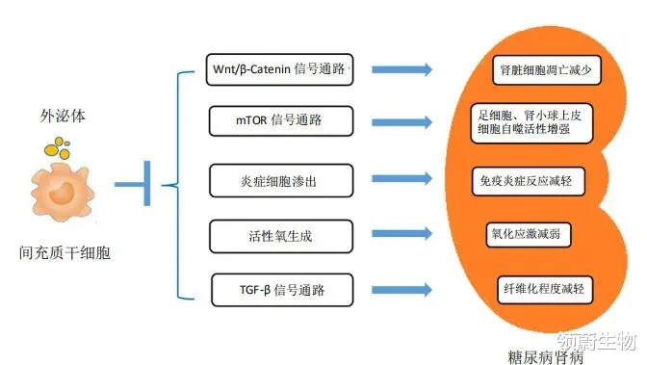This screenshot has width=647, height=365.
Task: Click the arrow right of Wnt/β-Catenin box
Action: click(401, 69)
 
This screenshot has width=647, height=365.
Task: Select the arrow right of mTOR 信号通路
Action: click(401, 122)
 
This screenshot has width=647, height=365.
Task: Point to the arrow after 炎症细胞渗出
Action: click(401, 179)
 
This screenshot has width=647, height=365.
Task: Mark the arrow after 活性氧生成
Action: click(401, 234)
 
